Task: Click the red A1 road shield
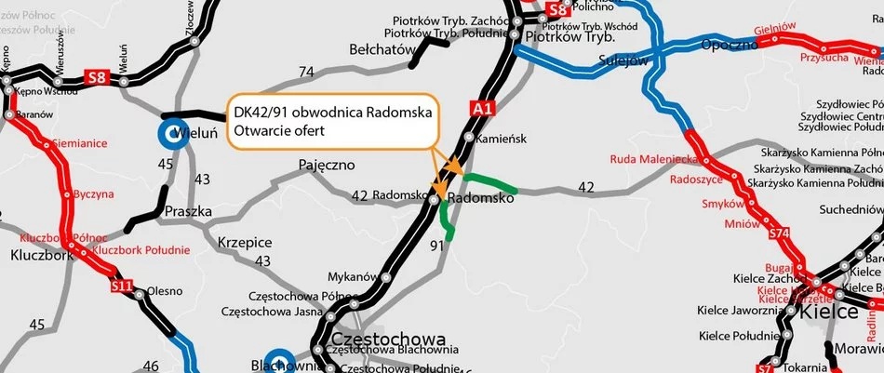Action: pos(482,108)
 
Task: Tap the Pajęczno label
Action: pos(327,165)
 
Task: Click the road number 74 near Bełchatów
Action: pos(306,71)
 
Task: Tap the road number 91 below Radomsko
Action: pos(437,246)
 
